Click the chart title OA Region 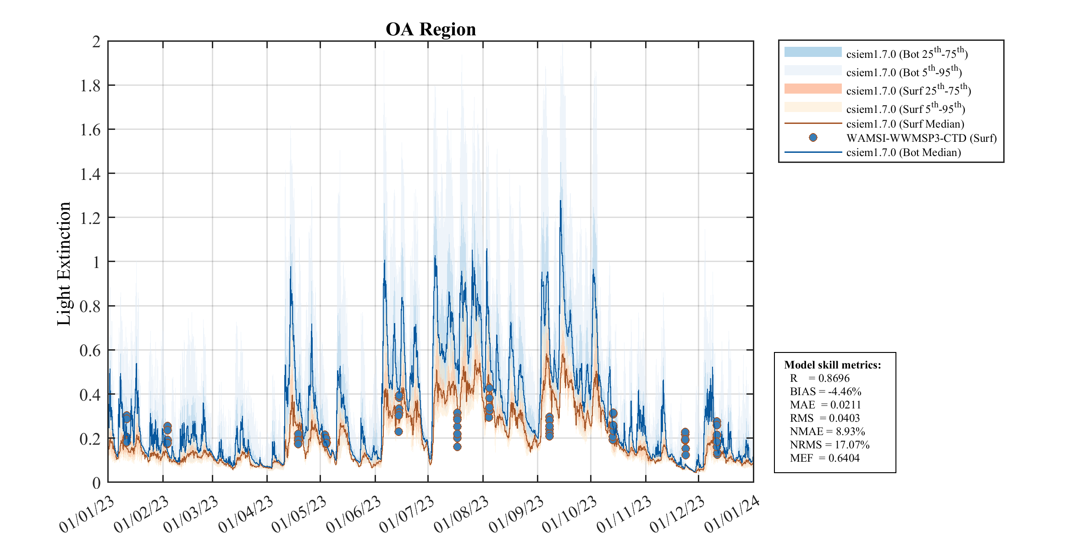431,29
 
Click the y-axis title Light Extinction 64,264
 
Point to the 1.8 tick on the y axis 90,86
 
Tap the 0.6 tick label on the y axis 90,351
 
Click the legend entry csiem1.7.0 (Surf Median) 905,124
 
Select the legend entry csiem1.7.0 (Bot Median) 903,152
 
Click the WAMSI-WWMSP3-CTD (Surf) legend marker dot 813,138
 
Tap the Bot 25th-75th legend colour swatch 813,52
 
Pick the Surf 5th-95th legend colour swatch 813,107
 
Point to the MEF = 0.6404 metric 824,458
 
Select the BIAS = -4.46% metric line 825,391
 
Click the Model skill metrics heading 832,365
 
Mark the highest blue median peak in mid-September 560,201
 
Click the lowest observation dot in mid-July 457,447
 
